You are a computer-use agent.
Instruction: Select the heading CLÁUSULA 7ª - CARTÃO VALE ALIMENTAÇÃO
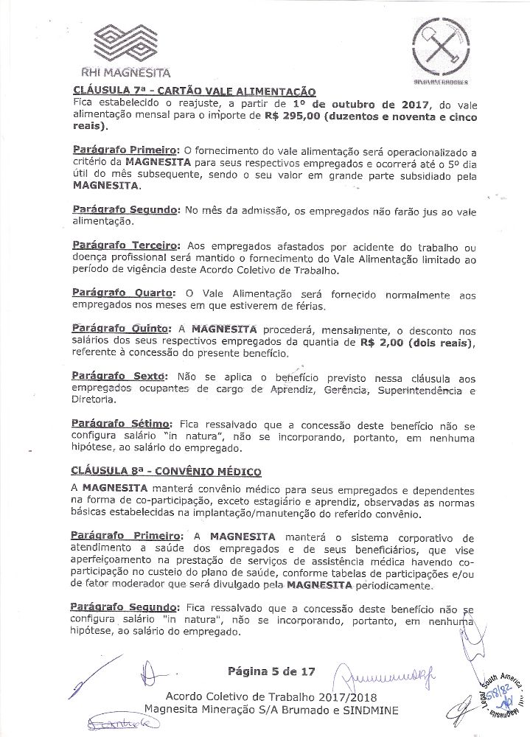coord(195,91)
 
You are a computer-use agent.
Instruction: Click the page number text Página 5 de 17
coord(272,671)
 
